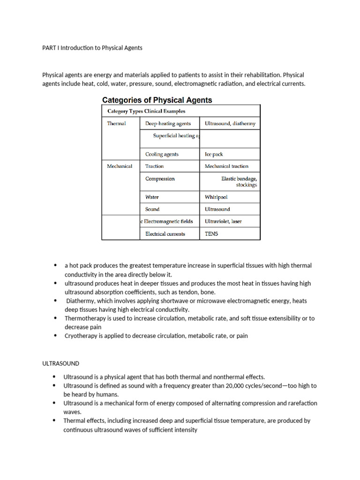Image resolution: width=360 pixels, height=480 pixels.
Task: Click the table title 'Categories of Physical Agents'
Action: tap(157, 100)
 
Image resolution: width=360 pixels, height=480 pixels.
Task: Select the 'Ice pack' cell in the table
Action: tap(214, 154)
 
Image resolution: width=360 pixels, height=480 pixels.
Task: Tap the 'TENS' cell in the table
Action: tap(211, 233)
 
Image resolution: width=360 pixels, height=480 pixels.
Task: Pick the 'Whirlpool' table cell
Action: tap(216, 197)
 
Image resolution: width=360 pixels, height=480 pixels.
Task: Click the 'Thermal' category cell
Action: tap(116, 124)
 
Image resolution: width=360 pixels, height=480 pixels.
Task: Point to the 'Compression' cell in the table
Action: tap(160, 179)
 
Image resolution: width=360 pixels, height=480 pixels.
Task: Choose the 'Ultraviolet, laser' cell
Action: tap(223, 221)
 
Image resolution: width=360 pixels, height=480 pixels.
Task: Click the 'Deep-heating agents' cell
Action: tap(168, 124)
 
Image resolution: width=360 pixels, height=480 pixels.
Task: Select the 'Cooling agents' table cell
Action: tap(162, 154)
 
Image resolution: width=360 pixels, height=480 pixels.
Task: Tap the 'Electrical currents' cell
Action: tap(165, 233)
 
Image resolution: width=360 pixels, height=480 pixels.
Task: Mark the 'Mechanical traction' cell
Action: tap(226, 166)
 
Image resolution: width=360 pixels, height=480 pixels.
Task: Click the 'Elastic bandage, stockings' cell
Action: tap(239, 181)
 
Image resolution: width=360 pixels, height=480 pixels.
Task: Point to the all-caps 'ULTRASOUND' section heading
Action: tap(60, 363)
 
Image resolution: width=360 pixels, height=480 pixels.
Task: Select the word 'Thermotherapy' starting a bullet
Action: tap(85, 318)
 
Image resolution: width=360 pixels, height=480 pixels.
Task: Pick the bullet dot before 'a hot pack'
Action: tap(55, 266)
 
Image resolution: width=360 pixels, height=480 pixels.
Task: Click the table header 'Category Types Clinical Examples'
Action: tap(146, 111)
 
